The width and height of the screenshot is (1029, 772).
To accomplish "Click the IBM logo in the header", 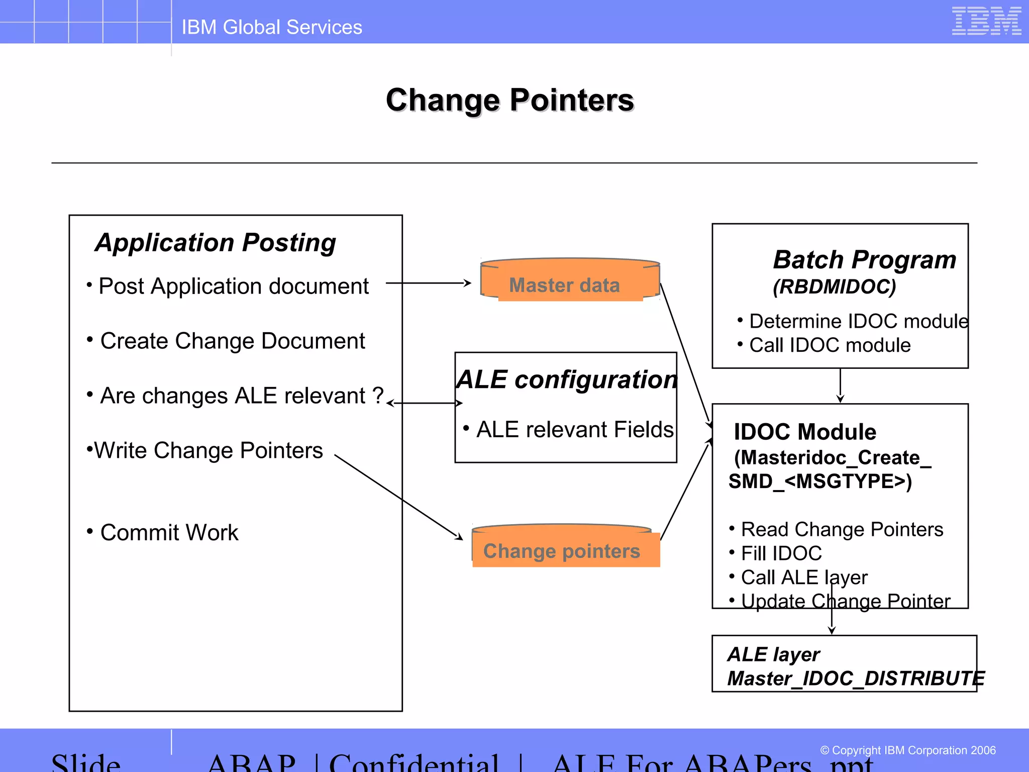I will pyautogui.click(x=986, y=21).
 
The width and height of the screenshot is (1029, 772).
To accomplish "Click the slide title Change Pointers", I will pyautogui.click(x=509, y=100).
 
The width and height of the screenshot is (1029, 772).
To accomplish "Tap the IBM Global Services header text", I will pyautogui.click(x=271, y=27).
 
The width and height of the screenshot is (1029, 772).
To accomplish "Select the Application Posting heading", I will pyautogui.click(x=216, y=243).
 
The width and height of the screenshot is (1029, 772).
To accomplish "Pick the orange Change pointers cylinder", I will pyautogui.click(x=565, y=548).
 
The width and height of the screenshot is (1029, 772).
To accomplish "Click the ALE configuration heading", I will pyautogui.click(x=566, y=379).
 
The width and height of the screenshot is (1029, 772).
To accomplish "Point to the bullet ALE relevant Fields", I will pyautogui.click(x=574, y=430).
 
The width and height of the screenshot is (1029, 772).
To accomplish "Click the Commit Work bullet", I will pyautogui.click(x=169, y=533).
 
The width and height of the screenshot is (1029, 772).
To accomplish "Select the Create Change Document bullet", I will pyautogui.click(x=232, y=341).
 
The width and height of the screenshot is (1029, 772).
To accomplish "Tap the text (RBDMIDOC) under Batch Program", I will pyautogui.click(x=834, y=287).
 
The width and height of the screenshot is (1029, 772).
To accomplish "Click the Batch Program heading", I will pyautogui.click(x=864, y=260).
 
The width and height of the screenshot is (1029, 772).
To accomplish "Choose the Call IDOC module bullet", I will pyautogui.click(x=829, y=345).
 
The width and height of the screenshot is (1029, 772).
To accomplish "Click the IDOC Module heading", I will pyautogui.click(x=805, y=432).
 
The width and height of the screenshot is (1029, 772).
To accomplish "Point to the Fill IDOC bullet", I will pyautogui.click(x=781, y=553).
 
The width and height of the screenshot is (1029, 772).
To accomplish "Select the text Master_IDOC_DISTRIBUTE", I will pyautogui.click(x=855, y=679).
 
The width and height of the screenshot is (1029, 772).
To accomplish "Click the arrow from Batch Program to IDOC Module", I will pyautogui.click(x=840, y=385).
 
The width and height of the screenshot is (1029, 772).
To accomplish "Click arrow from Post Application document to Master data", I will pyautogui.click(x=428, y=283).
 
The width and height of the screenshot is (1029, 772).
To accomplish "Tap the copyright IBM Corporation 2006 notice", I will pyautogui.click(x=908, y=750).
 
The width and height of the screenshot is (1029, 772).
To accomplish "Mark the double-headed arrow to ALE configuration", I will pyautogui.click(x=425, y=403).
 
